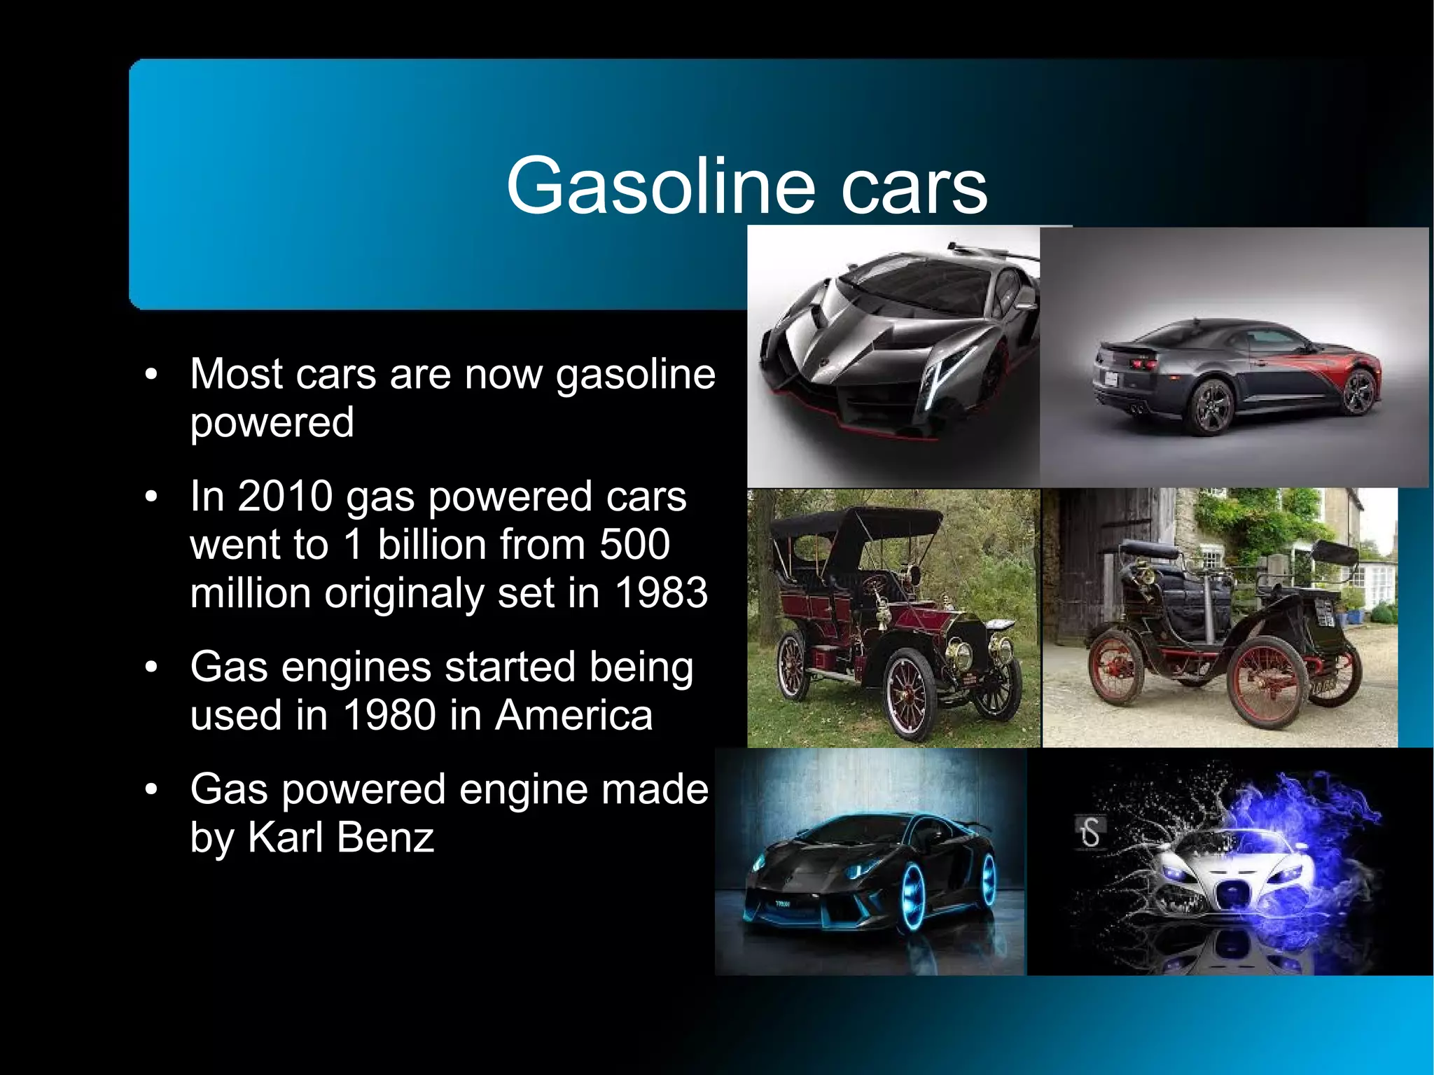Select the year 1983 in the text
(x=661, y=593)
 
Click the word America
(x=574, y=715)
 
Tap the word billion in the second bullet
(x=429, y=545)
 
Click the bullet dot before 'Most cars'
(x=151, y=375)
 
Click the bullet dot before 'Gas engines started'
(x=151, y=667)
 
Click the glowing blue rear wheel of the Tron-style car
(x=911, y=897)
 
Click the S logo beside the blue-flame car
(x=1090, y=833)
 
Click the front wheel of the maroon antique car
(x=909, y=693)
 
